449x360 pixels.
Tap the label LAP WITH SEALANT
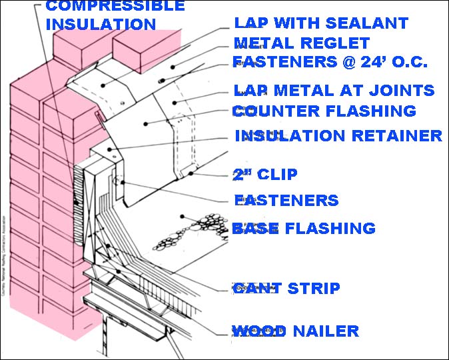(320, 23)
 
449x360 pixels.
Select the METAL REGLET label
(301, 44)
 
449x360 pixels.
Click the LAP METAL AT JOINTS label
(334, 90)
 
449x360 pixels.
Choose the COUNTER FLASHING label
(324, 111)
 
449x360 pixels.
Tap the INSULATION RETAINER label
(338, 136)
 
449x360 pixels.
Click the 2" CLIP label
(264, 175)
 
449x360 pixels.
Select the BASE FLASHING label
(303, 229)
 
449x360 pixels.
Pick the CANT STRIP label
(286, 289)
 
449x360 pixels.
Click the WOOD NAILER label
(295, 331)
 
